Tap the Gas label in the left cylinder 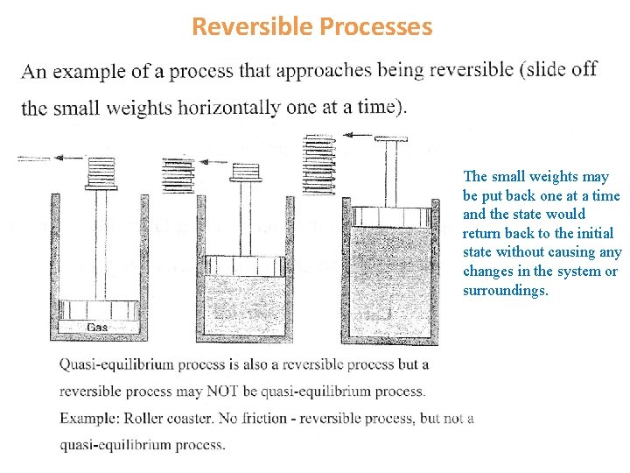[98, 328]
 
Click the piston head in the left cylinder [98, 310]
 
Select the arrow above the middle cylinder [212, 160]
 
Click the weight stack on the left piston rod [101, 173]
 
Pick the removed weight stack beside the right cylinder [318, 164]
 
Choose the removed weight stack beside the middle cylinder [178, 174]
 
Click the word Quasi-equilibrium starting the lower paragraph [112, 364]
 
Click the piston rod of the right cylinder [391, 174]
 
